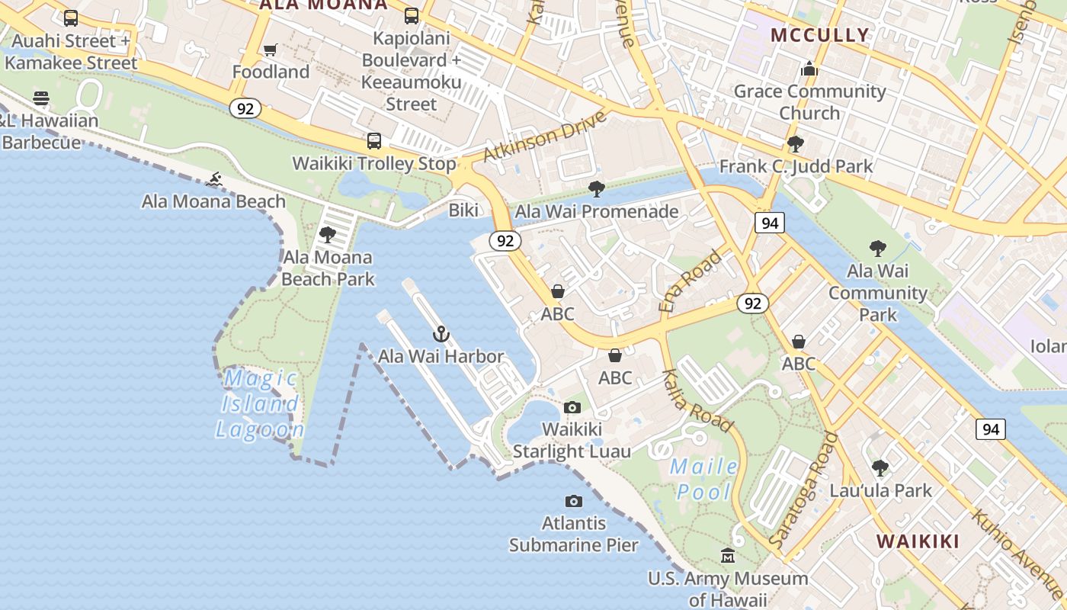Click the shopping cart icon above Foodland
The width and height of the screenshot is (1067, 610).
[270, 50]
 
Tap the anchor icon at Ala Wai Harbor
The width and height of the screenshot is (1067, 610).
[441, 334]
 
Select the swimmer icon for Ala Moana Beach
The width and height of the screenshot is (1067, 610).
[215, 180]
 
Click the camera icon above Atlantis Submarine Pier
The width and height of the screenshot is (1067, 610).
[574, 501]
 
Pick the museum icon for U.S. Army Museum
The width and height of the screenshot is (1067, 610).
[728, 556]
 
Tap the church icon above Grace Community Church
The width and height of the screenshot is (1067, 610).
[809, 69]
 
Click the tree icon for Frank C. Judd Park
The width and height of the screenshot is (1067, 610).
[795, 143]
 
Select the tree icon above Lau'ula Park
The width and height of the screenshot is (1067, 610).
[880, 467]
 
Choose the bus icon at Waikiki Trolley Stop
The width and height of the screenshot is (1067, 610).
[373, 141]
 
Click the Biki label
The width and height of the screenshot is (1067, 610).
[463, 210]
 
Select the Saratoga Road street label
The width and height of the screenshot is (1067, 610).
[803, 489]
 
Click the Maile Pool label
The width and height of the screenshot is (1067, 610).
[703, 479]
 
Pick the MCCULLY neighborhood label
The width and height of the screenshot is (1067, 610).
[820, 35]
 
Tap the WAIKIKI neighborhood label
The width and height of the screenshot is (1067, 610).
[918, 541]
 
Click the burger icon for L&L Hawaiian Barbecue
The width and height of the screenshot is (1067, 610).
[41, 98]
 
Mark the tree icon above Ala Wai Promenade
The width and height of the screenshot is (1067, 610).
[597, 188]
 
